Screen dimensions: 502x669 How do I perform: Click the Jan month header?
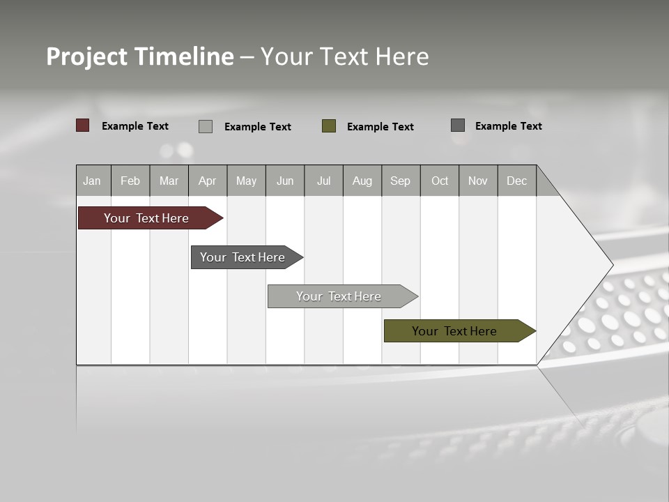point(93,181)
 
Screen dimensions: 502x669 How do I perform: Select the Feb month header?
point(130,181)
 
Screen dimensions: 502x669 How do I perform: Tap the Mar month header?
point(169,181)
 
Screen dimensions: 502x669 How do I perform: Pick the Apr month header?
point(208,181)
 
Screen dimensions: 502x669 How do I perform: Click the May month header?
point(246,181)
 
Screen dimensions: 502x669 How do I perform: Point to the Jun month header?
point(285,181)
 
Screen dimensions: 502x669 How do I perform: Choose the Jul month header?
point(323,181)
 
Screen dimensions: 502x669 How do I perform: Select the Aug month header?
point(362,181)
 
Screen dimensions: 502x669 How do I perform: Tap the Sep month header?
point(401,181)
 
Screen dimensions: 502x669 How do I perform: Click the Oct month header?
point(440,181)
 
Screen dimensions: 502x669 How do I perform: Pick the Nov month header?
point(478,181)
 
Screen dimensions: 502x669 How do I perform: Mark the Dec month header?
point(517,181)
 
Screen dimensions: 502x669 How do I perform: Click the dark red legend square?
point(83,125)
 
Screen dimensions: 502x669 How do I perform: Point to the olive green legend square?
point(329,126)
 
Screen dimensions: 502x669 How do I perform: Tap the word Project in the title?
point(87,56)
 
